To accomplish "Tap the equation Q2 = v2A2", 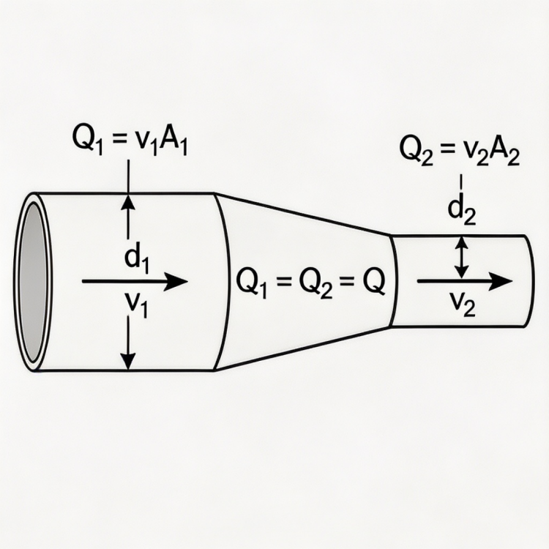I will (x=460, y=152).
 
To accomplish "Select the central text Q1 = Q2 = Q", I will (x=308, y=282).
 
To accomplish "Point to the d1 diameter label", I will (x=137, y=259).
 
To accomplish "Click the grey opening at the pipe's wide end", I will (x=33, y=282).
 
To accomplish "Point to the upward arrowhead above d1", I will (x=128, y=201).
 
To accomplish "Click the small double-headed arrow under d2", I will (x=460, y=256).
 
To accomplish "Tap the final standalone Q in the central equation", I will (x=372, y=282).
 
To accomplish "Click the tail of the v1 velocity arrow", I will (x=85, y=281).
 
